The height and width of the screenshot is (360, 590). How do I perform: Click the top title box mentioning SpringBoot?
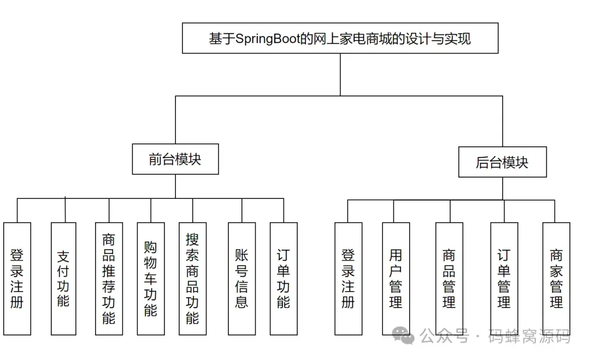point(340,38)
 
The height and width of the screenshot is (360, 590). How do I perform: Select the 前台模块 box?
point(175,159)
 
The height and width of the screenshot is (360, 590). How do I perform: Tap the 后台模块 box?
point(502,162)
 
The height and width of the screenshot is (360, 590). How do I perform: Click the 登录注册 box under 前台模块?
point(17,279)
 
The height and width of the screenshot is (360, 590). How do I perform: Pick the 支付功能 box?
point(63,279)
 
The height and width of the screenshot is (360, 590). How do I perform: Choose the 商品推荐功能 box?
point(109,279)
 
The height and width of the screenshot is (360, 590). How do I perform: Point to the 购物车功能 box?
point(151,279)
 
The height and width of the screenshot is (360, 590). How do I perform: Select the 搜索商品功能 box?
point(192,279)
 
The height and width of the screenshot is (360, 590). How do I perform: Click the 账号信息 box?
point(241,279)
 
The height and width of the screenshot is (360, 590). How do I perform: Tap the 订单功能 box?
point(284,279)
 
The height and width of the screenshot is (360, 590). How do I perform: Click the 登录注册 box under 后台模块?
point(348,279)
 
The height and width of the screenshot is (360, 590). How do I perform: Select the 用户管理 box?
point(396,279)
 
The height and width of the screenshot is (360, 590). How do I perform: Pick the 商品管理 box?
point(449,279)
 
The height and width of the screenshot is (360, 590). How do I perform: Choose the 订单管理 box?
point(504,279)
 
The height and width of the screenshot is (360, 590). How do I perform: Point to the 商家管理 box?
point(556,279)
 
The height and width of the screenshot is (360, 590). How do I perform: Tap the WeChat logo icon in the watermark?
point(405,337)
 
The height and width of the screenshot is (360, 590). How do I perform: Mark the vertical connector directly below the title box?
point(340,74)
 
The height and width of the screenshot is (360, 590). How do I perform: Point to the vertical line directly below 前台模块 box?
point(175,186)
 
